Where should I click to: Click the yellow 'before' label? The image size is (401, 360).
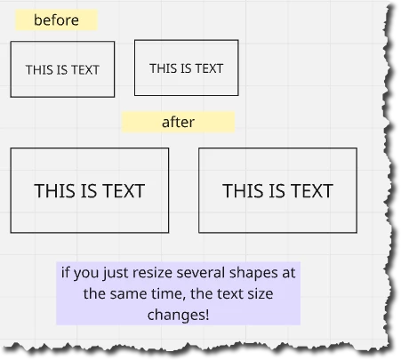(56, 20)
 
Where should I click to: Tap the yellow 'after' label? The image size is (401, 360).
(178, 122)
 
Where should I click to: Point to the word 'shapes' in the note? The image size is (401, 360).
(253, 274)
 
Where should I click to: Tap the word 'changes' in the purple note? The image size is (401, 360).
(175, 316)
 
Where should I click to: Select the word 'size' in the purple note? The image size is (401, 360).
(261, 293)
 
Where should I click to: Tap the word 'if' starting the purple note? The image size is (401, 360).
(65, 273)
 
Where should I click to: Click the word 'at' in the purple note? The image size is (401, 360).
(289, 273)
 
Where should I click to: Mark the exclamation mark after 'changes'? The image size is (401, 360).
(206, 315)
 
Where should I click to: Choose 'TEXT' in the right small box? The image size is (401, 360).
(210, 68)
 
